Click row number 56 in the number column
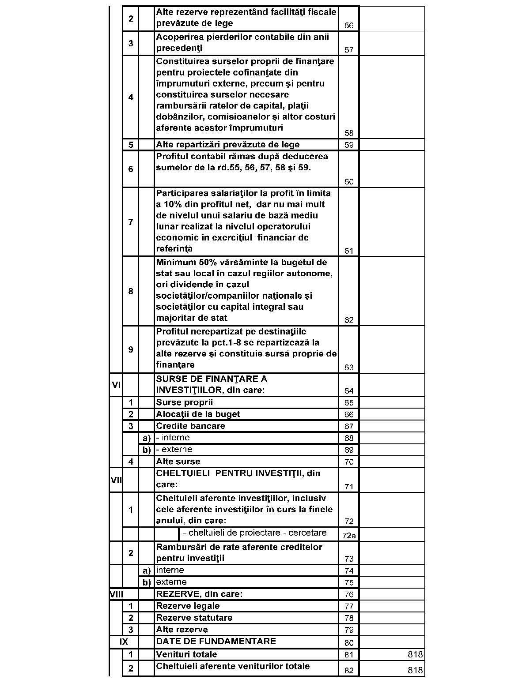tap(349, 26)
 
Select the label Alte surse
tap(178, 462)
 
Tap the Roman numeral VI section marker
tap(116, 385)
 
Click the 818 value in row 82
tap(415, 671)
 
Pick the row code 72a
tap(349, 536)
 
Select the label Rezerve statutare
tap(194, 618)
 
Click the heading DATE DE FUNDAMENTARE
tap(216, 642)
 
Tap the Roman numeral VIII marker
tap(116, 594)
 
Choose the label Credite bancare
tap(190, 426)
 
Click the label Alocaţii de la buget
tap(198, 414)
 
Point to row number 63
tap(349, 368)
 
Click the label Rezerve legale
tap(188, 606)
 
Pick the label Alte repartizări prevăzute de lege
tap(227, 145)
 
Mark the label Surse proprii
tap(184, 402)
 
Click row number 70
tap(349, 462)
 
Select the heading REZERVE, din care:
tap(199, 594)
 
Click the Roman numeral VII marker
tap(116, 480)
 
